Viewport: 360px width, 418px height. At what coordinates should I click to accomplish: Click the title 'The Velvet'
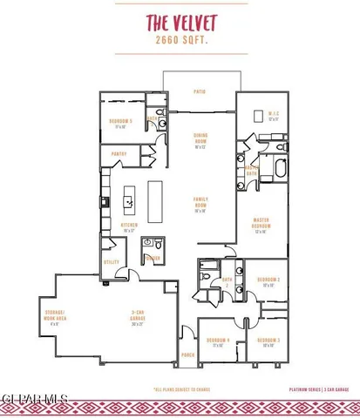[x=180, y=24]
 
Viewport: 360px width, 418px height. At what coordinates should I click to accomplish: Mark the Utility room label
[x=112, y=261]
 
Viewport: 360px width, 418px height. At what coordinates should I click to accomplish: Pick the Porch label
[x=187, y=355]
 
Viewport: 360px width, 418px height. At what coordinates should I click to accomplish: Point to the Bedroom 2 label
[x=267, y=281]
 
